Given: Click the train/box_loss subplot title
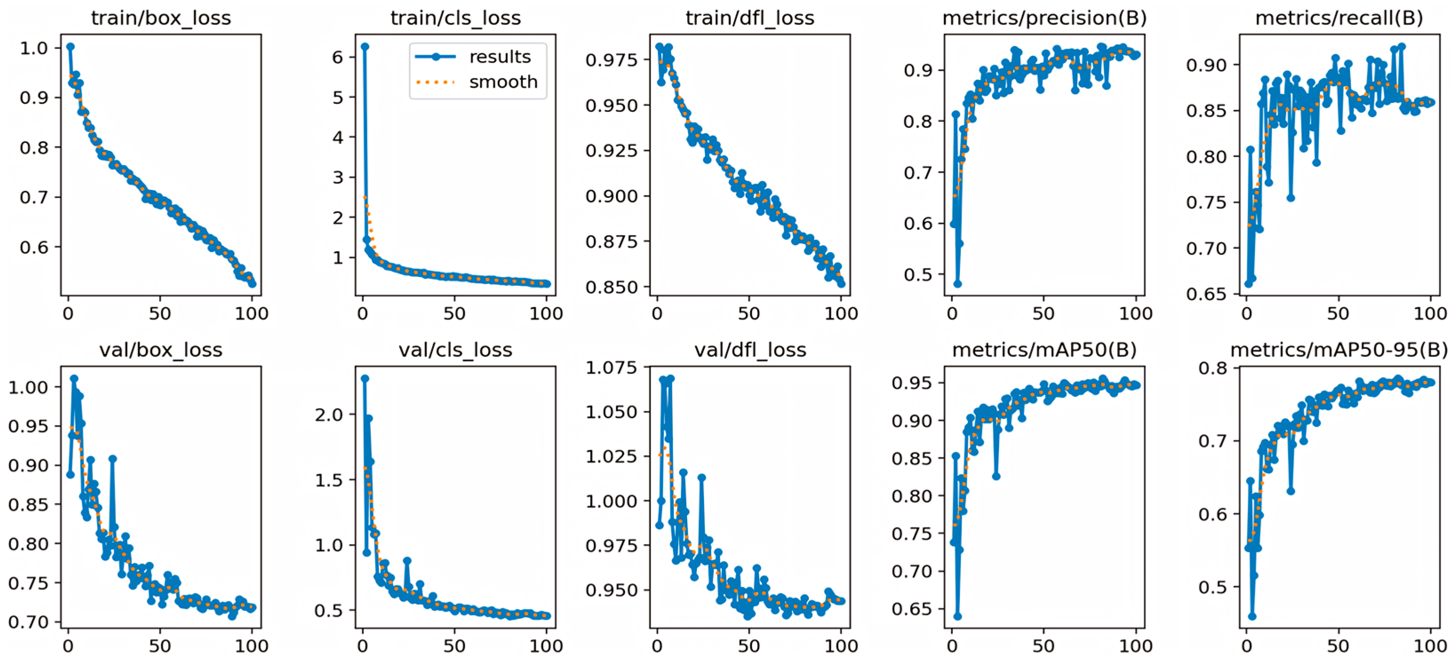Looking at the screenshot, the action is (161, 19).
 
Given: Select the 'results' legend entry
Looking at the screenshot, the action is (500, 57).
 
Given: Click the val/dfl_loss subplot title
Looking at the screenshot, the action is (750, 351).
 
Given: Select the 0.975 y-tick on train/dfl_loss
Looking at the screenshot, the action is (611, 59).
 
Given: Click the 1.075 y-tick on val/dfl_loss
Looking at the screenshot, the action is (611, 368).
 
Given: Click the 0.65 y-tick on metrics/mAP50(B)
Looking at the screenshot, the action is (911, 609).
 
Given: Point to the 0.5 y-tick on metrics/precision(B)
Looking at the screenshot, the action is (917, 274).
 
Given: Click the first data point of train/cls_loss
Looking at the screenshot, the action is (365, 47).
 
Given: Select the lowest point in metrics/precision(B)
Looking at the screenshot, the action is (958, 284).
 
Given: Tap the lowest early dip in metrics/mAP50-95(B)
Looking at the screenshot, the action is (1253, 616).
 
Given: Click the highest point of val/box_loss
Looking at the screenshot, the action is (74, 379).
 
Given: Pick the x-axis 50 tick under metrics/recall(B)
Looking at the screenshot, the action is (1338, 313).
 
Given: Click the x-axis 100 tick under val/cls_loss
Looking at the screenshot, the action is (546, 646).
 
